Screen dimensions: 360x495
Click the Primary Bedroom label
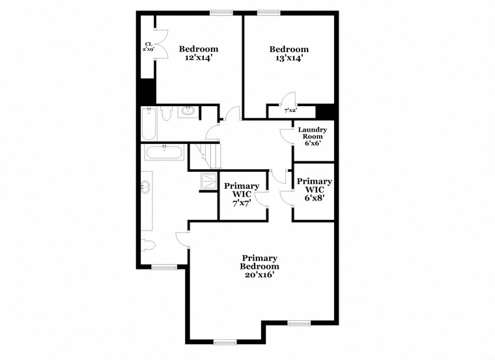tap(259, 262)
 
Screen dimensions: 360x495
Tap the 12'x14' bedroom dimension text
tap(199, 58)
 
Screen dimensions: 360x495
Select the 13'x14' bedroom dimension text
tap(289, 58)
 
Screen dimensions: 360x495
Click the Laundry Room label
tap(313, 133)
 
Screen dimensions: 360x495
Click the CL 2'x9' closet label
tap(148, 47)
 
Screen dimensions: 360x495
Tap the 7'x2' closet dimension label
tap(290, 111)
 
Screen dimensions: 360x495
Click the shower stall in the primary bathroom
tap(209, 182)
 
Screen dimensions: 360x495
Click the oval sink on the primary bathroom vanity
tap(145, 188)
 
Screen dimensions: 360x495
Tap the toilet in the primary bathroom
tap(148, 246)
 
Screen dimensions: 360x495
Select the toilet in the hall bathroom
tap(166, 115)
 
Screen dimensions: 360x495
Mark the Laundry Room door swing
tap(285, 134)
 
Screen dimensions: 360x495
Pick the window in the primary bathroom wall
tap(164, 266)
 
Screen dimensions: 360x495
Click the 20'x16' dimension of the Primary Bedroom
tap(259, 275)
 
